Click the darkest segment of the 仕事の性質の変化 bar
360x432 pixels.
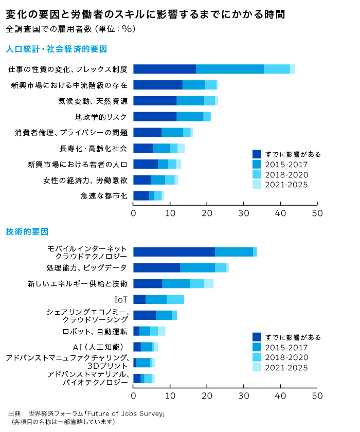[164, 69]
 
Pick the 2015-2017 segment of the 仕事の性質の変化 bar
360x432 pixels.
[229, 69]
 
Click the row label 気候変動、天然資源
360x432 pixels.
[93, 100]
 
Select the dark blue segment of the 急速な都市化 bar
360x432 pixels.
[141, 195]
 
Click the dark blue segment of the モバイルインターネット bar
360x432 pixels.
[174, 251]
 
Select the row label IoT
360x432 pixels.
[120, 299]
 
